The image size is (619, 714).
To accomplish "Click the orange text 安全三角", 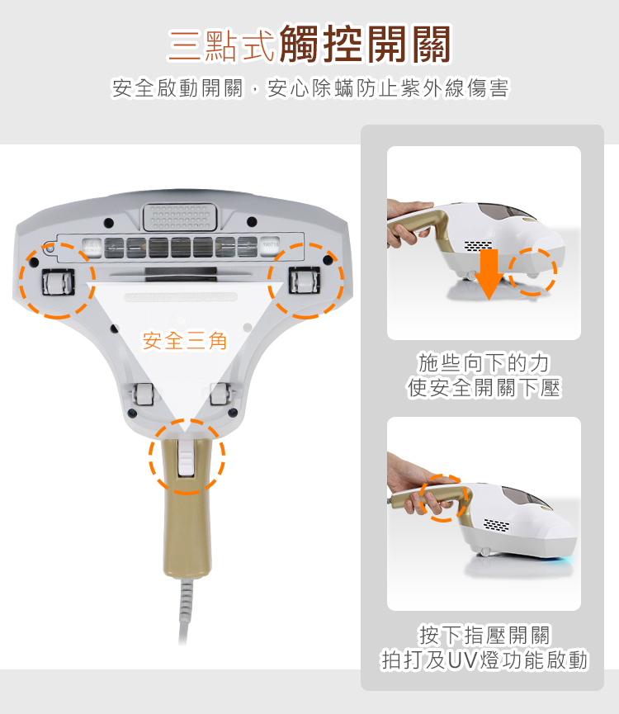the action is coord(184,341).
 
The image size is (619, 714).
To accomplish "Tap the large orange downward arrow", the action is coord(489,273).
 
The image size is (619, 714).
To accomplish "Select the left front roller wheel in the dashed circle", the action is coord(59,282).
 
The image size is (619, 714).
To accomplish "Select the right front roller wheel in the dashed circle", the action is coord(305,280).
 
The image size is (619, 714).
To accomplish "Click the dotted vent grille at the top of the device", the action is coord(180,217).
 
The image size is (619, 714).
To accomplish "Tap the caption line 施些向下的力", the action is coord(484,363).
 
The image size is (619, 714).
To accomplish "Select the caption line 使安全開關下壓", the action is coord(484,388).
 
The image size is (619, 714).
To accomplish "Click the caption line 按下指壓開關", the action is coord(484,635).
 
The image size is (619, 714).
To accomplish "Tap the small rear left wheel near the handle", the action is coord(142,394).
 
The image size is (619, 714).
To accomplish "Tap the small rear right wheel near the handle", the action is coord(220,394).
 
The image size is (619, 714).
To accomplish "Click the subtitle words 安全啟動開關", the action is coord(178,87).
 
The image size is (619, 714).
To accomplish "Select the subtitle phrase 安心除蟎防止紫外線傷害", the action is coord(388,87).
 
